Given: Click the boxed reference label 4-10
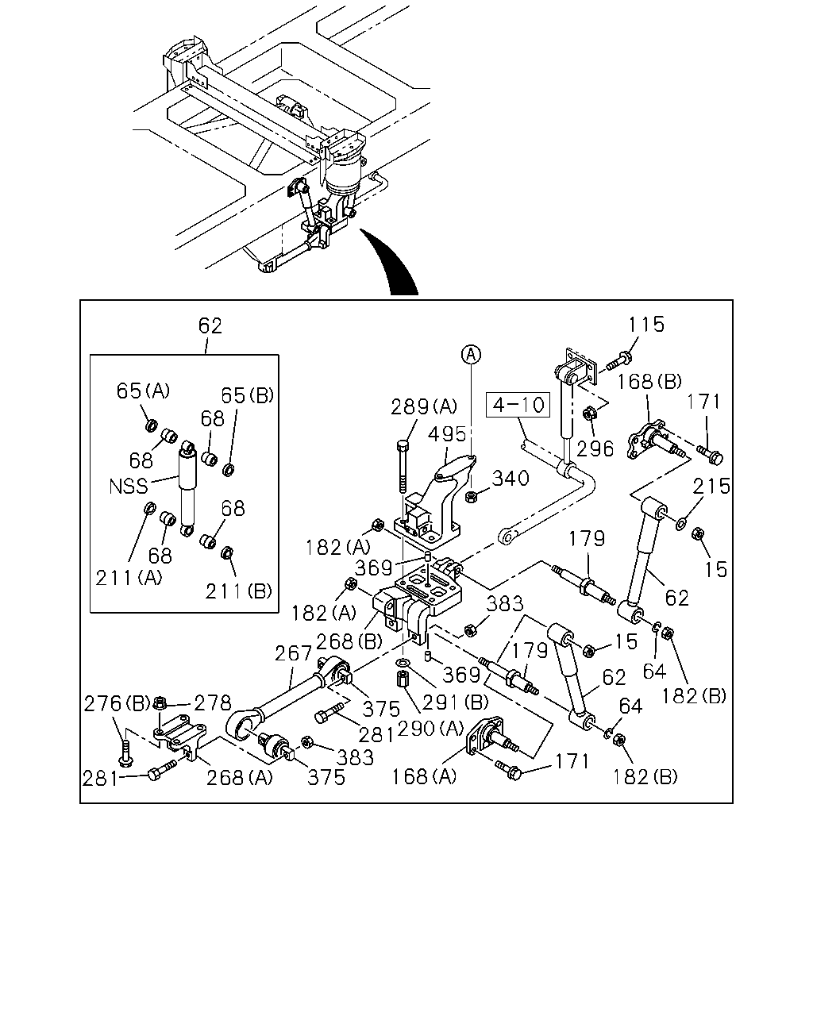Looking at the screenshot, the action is click(x=518, y=404).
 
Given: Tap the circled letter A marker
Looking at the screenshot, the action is click(x=471, y=354).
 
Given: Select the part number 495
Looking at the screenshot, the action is click(x=447, y=434).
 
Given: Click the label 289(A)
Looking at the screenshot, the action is click(x=424, y=406).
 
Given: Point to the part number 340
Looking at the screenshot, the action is click(x=511, y=479).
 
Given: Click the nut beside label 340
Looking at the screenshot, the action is click(x=471, y=497).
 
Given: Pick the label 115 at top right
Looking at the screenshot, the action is click(x=646, y=325).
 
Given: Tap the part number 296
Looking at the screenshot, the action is click(x=595, y=448).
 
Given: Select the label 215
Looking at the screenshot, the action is click(x=711, y=486).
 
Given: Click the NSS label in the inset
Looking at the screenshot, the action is click(x=129, y=487).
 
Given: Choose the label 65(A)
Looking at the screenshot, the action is click(x=143, y=391).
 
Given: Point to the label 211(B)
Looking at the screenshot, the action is click(x=238, y=591).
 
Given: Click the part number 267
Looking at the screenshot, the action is click(x=294, y=653).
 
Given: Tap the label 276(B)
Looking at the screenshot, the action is click(x=118, y=703).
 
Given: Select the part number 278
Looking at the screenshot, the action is click(x=213, y=703).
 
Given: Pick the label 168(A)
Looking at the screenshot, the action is click(x=424, y=776).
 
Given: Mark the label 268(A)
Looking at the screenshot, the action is click(x=240, y=778).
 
